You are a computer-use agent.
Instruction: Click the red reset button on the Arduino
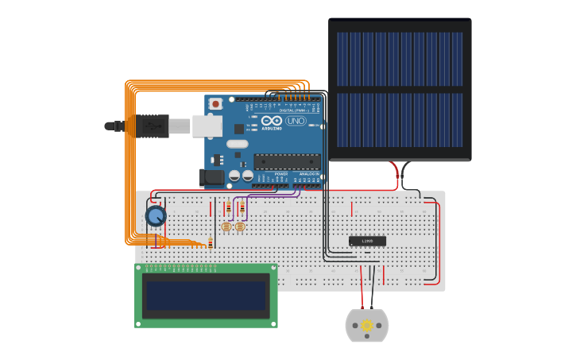(x=216, y=103)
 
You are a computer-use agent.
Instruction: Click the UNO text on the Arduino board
(x=295, y=121)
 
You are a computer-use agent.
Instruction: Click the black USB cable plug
(x=152, y=126)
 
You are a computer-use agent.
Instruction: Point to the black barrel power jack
(x=212, y=178)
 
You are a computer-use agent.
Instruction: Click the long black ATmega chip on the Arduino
(x=287, y=161)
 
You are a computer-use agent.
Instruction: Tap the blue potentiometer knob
(x=156, y=215)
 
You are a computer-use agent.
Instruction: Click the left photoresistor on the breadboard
(x=226, y=227)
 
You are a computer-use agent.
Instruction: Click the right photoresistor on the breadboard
(x=240, y=227)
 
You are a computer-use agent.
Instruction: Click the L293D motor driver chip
(x=367, y=241)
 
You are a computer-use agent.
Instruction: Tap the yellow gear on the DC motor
(x=367, y=326)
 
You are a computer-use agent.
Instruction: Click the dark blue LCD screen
(x=206, y=295)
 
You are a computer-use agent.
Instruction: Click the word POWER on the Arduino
(x=280, y=173)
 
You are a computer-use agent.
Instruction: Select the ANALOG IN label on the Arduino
(x=307, y=173)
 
